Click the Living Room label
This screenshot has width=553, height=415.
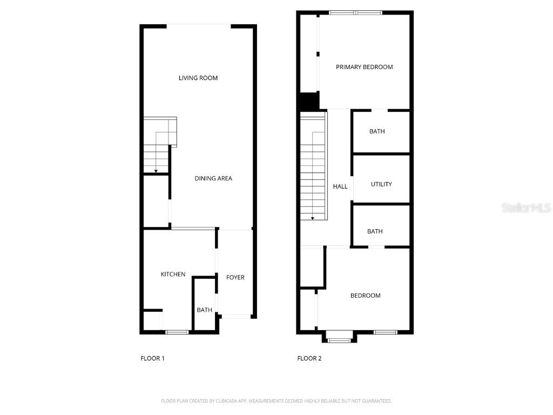pyautogui.click(x=198, y=78)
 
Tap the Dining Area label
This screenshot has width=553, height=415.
pyautogui.click(x=213, y=178)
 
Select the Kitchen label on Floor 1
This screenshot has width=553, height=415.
pyautogui.click(x=173, y=275)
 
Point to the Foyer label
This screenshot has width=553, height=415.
pyautogui.click(x=235, y=277)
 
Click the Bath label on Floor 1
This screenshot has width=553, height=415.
pyautogui.click(x=204, y=310)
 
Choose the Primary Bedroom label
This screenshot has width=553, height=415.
pyautogui.click(x=364, y=67)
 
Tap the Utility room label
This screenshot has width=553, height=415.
pyautogui.click(x=381, y=184)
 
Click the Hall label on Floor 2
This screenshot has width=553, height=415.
pyautogui.click(x=340, y=186)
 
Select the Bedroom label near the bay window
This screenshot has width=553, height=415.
pyautogui.click(x=365, y=296)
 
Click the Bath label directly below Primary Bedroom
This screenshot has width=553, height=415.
pyautogui.click(x=377, y=131)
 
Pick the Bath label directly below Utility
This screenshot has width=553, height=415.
pyautogui.click(x=375, y=231)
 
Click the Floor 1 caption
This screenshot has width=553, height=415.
pyautogui.click(x=152, y=358)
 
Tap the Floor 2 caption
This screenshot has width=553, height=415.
pyautogui.click(x=309, y=358)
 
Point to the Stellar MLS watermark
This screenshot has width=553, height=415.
pyautogui.click(x=526, y=208)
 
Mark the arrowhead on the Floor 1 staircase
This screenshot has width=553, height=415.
pyautogui.click(x=156, y=171)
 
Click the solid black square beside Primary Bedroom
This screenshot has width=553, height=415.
pyautogui.click(x=308, y=101)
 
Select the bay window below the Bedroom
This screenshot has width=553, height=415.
pyautogui.click(x=339, y=340)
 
